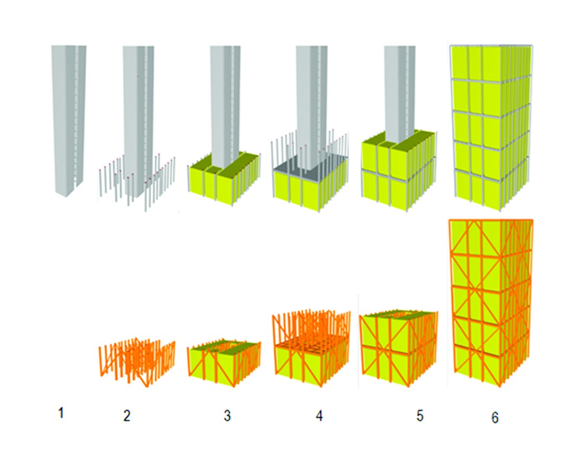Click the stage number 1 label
click(x=61, y=413)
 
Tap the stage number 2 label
click(x=127, y=415)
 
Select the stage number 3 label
click(x=227, y=415)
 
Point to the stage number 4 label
click(x=319, y=415)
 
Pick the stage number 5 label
click(x=420, y=415)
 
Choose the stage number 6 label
click(x=495, y=417)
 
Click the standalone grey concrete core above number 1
click(x=69, y=121)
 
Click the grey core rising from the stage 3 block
click(x=225, y=106)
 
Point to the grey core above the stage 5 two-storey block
click(x=400, y=93)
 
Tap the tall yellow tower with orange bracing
click(x=491, y=303)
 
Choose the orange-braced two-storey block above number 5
click(x=398, y=349)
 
